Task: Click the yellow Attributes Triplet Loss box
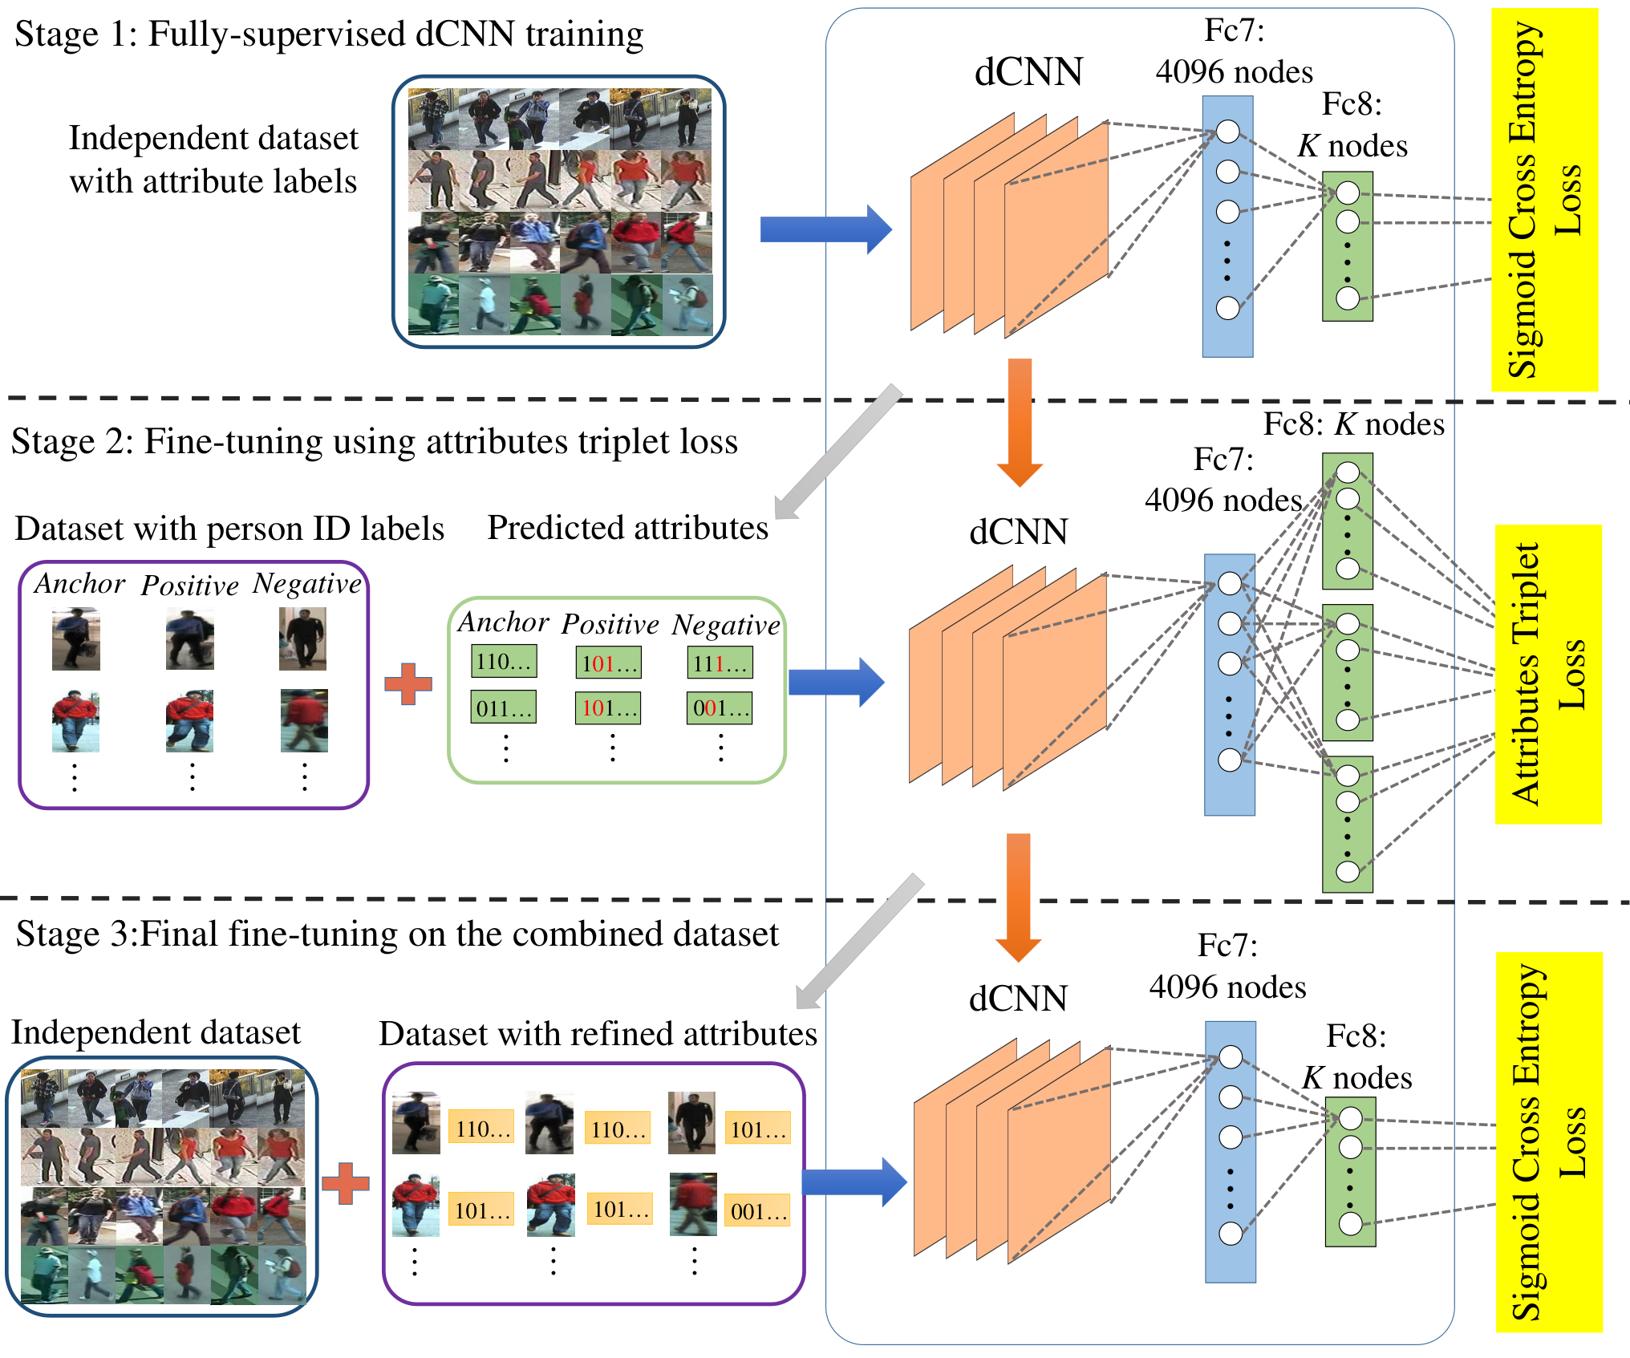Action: tap(1548, 674)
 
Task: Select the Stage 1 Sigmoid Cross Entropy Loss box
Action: tap(1545, 200)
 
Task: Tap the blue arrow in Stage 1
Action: tap(825, 229)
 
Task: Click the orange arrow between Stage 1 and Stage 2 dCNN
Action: tap(1020, 423)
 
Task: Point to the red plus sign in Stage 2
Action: tap(408, 683)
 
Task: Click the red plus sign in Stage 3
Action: tap(346, 1183)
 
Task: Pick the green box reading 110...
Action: tap(504, 662)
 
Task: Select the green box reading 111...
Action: tap(720, 663)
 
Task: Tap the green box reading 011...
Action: tap(504, 707)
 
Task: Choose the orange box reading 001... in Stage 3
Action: tap(757, 1211)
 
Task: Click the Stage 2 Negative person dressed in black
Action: tap(302, 638)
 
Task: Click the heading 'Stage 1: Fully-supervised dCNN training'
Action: tap(329, 34)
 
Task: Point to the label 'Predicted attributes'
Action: tap(627, 528)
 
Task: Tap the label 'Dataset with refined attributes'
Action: tap(598, 1034)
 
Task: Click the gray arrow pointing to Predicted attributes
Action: tap(838, 452)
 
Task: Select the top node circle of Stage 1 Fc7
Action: tap(1228, 132)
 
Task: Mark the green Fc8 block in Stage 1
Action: tap(1348, 246)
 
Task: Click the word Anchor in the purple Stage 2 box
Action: tap(79, 583)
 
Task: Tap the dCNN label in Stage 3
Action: tap(1018, 999)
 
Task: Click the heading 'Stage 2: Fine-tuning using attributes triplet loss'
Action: tap(375, 442)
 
